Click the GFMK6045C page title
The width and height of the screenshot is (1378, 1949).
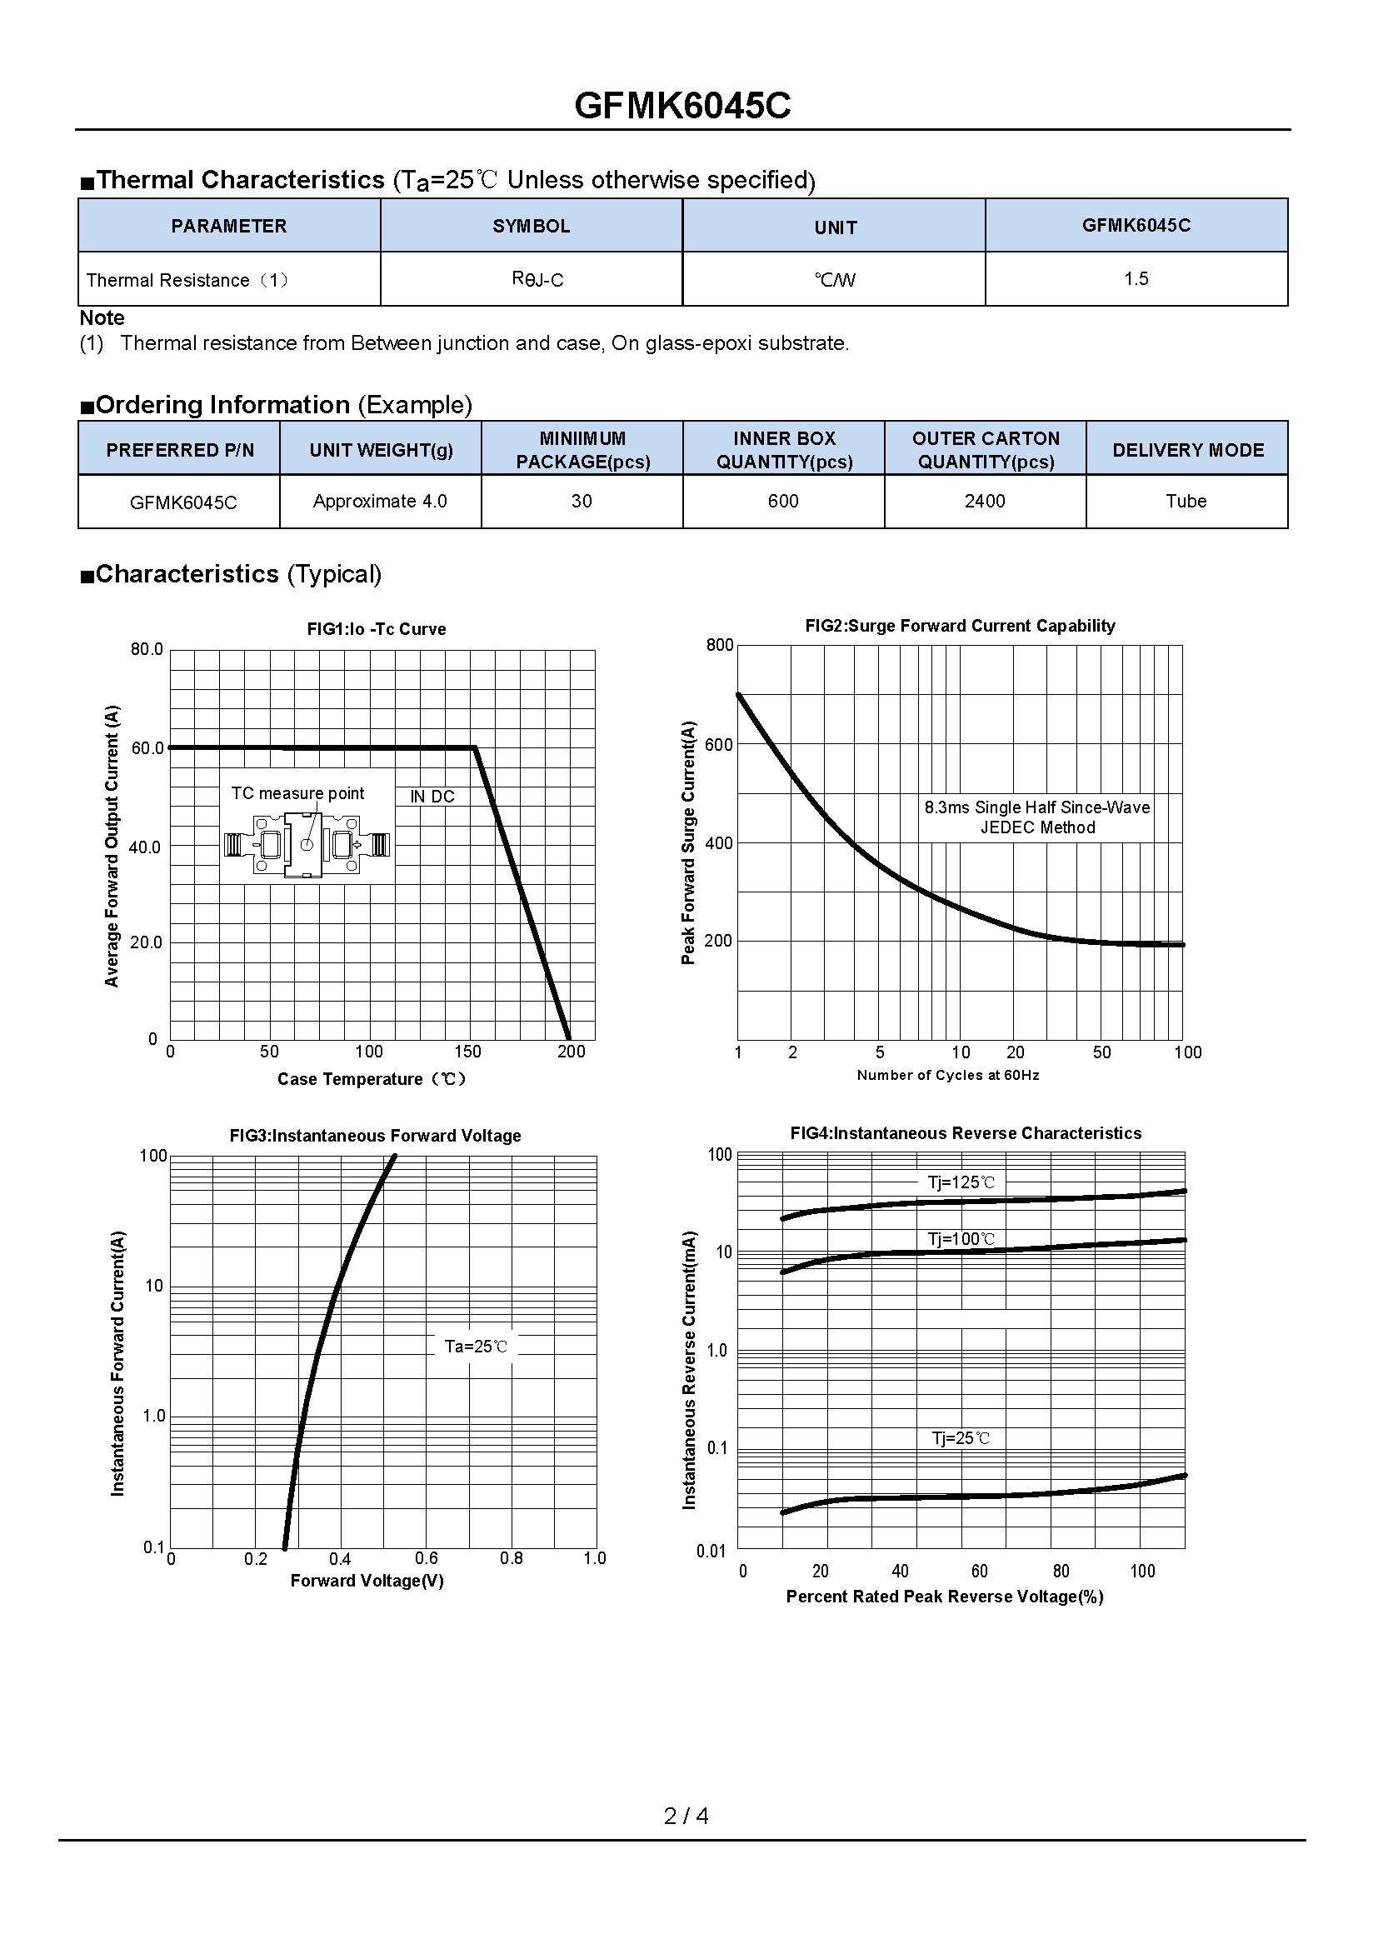[x=682, y=106]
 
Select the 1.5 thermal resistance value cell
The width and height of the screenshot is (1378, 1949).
[x=1136, y=278]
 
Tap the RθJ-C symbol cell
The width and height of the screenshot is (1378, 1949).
[x=537, y=279]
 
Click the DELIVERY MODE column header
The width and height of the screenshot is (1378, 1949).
[x=1187, y=450]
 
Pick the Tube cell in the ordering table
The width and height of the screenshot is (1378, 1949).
[x=1186, y=501]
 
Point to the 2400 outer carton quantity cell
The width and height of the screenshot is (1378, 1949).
[x=984, y=501]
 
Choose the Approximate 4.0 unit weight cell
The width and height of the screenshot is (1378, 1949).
[x=379, y=501]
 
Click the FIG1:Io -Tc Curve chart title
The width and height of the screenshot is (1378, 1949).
[x=376, y=629]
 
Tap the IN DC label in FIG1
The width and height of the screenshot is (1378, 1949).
[x=432, y=797]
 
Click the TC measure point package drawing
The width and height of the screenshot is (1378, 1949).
[x=307, y=845]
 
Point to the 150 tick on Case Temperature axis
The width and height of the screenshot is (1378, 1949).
[x=467, y=1051]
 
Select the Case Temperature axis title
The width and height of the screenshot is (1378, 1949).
[x=372, y=1079]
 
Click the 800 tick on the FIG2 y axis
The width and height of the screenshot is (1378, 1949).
[x=720, y=645]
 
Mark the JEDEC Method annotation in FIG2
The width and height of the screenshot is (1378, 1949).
[x=1037, y=827]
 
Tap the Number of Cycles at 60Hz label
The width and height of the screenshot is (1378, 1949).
[x=947, y=1075]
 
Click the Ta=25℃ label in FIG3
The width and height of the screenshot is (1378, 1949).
[x=476, y=1346]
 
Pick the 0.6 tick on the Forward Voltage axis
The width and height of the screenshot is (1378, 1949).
[x=426, y=1557]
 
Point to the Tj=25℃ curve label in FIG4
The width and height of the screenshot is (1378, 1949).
[x=961, y=1438]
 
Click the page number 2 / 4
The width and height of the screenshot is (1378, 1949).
[x=686, y=1816]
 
